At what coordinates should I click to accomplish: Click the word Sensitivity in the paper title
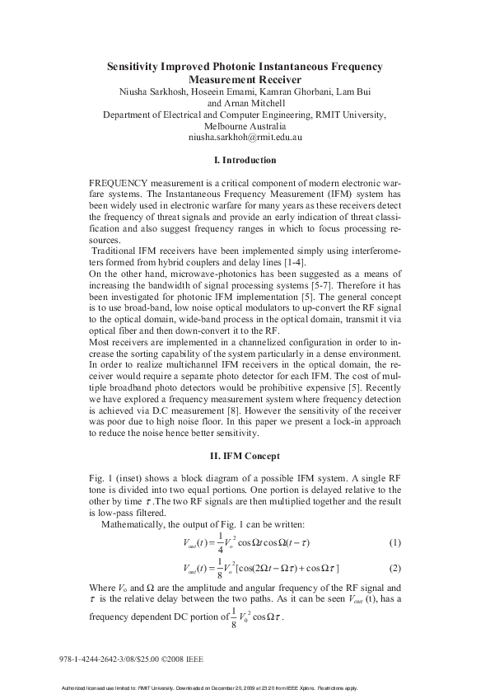pos(141,65)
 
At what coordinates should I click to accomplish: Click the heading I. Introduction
pos(245,160)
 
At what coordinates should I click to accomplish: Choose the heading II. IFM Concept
pos(245,456)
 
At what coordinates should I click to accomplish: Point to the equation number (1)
pos(394,542)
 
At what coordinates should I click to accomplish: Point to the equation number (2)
pos(394,569)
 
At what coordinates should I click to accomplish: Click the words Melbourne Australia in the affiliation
pos(245,126)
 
